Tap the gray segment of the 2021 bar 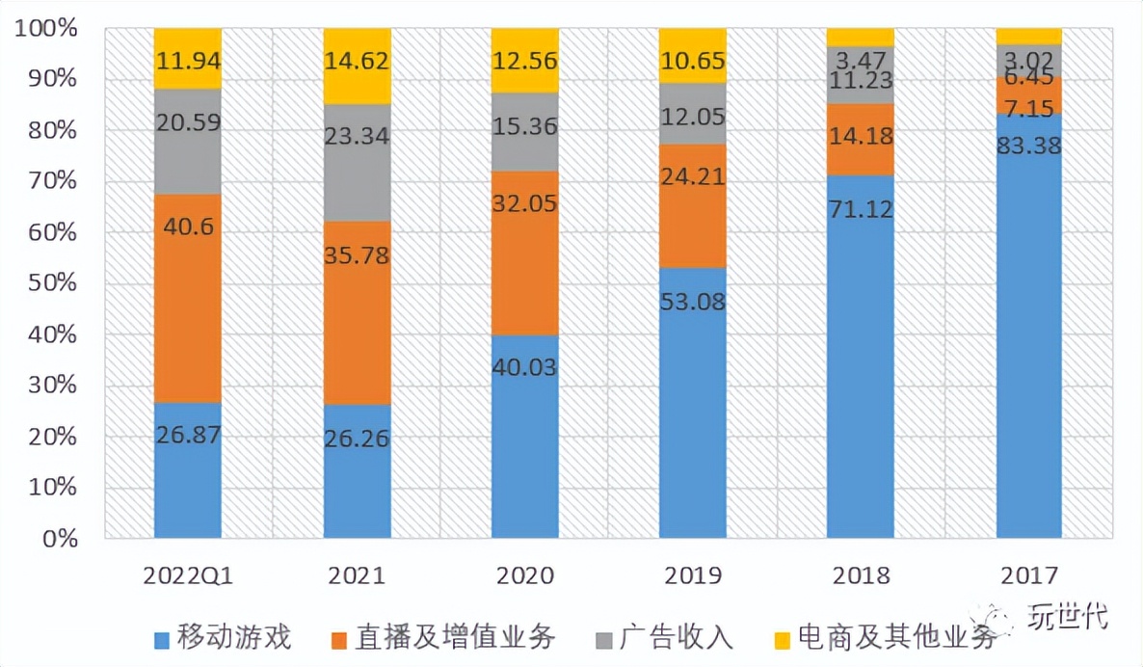pos(357,164)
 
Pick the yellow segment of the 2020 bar pos(524,61)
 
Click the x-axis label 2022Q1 pos(188,576)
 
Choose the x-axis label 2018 pos(861,576)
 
